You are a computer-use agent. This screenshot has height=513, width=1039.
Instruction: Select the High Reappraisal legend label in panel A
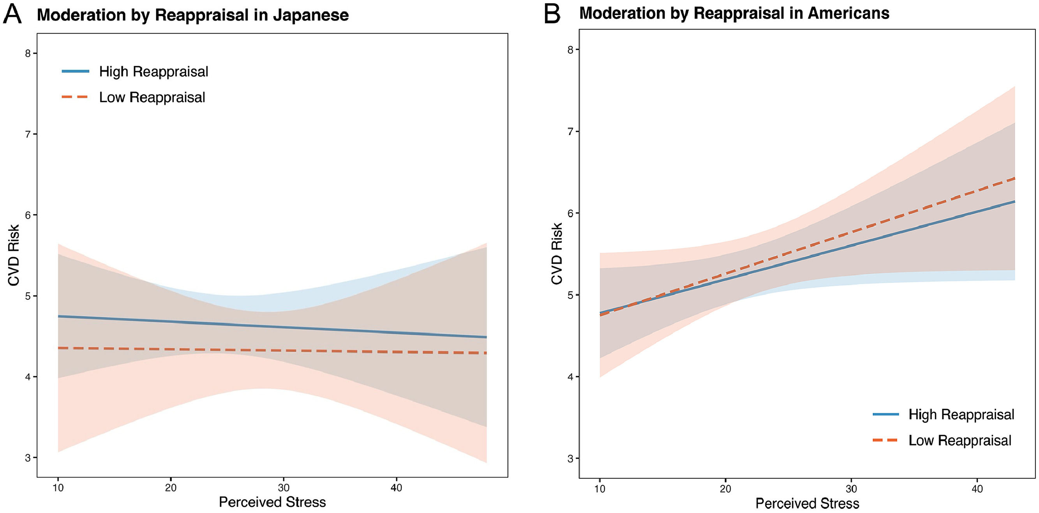[x=153, y=72]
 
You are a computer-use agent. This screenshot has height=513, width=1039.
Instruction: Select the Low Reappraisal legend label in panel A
[x=152, y=98]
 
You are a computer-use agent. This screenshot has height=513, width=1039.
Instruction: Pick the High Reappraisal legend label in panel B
[x=961, y=414]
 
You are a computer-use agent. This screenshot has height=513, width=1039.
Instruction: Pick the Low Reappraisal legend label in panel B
[x=960, y=440]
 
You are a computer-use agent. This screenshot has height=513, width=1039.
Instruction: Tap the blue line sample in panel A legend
[x=76, y=72]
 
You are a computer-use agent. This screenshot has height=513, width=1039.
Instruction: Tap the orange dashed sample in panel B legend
[x=886, y=440]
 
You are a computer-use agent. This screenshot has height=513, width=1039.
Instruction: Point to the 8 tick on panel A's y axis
[x=28, y=54]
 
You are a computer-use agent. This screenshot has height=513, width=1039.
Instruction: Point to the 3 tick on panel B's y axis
[x=570, y=459]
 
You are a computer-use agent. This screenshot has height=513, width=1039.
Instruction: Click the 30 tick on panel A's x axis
[x=284, y=488]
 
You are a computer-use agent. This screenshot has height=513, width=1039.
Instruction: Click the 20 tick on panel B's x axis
[x=725, y=489]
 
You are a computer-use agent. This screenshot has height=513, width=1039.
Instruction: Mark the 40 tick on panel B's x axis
[x=977, y=489]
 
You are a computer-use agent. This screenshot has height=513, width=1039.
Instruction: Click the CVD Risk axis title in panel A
[x=14, y=255]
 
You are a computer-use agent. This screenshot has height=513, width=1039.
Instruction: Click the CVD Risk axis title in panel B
[x=557, y=254]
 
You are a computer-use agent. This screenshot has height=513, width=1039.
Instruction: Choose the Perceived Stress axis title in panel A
[x=272, y=502]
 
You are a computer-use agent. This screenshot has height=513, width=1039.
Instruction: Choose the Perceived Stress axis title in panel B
[x=807, y=503]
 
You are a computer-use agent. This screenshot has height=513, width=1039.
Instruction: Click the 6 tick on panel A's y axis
[x=28, y=215]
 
